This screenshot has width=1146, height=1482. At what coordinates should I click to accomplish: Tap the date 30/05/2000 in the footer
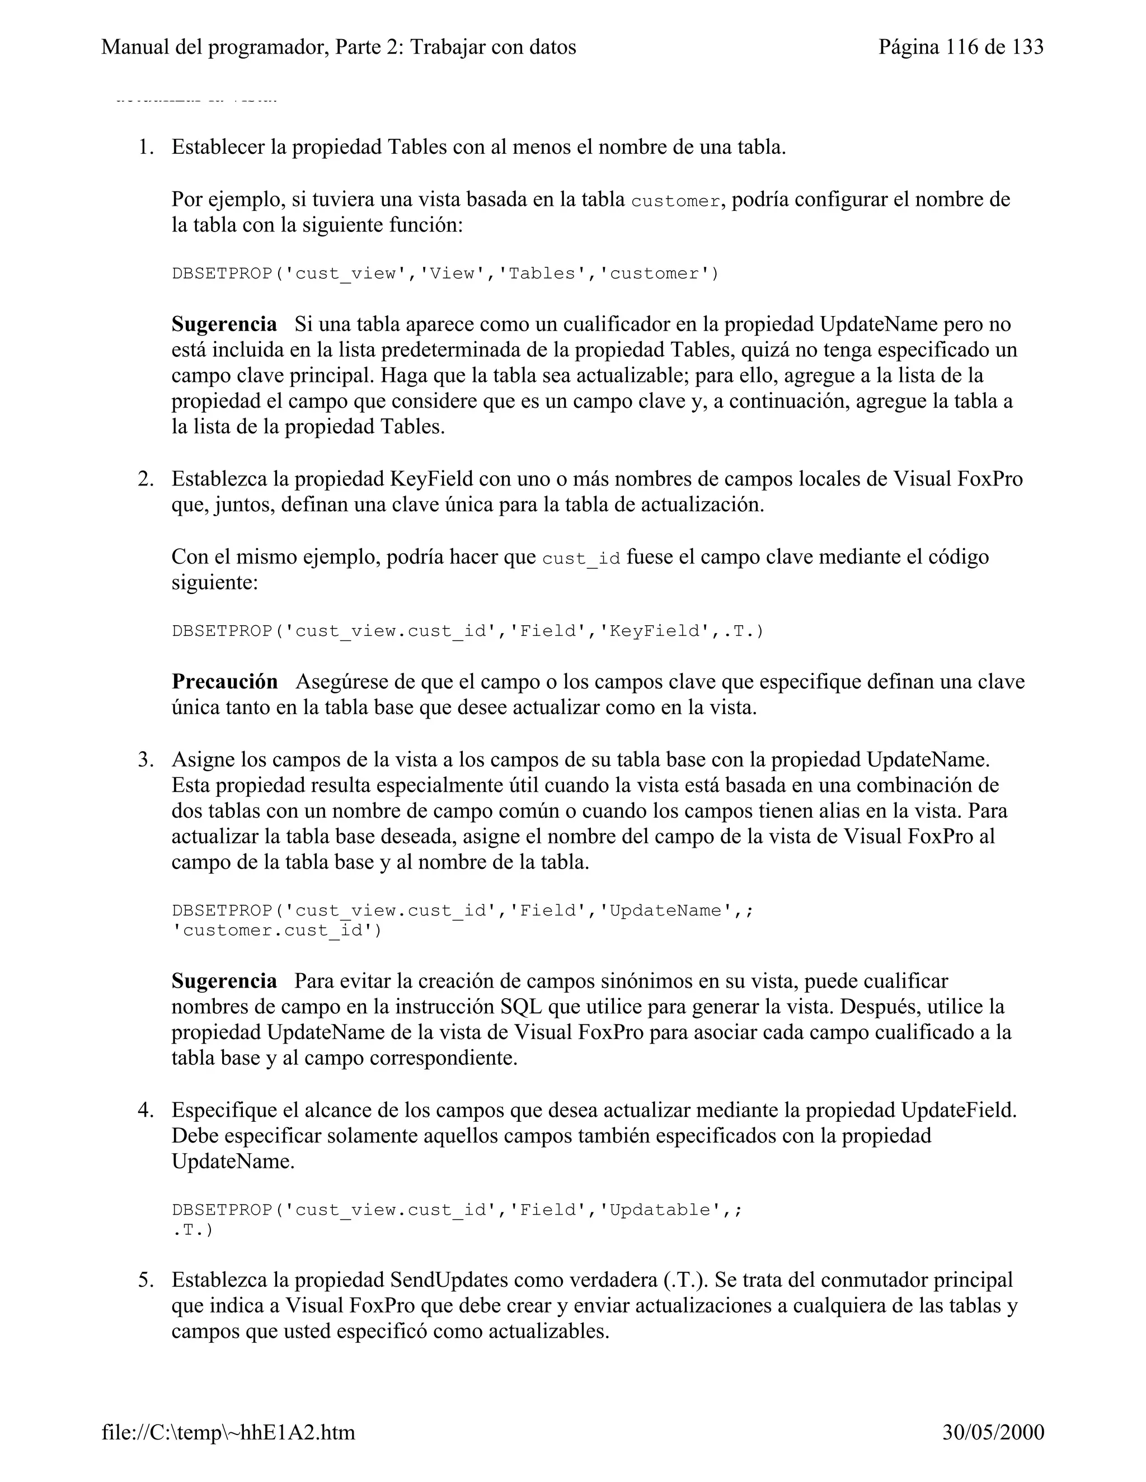click(993, 1432)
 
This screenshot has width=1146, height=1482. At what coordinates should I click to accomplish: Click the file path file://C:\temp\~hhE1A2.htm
click(228, 1432)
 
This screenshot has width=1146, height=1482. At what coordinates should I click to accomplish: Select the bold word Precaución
click(225, 681)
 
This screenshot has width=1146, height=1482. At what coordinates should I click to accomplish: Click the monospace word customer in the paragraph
click(675, 201)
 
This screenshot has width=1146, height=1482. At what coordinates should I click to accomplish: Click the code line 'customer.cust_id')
click(276, 931)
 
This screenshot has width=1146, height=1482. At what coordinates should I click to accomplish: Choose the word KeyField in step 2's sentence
click(431, 479)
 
